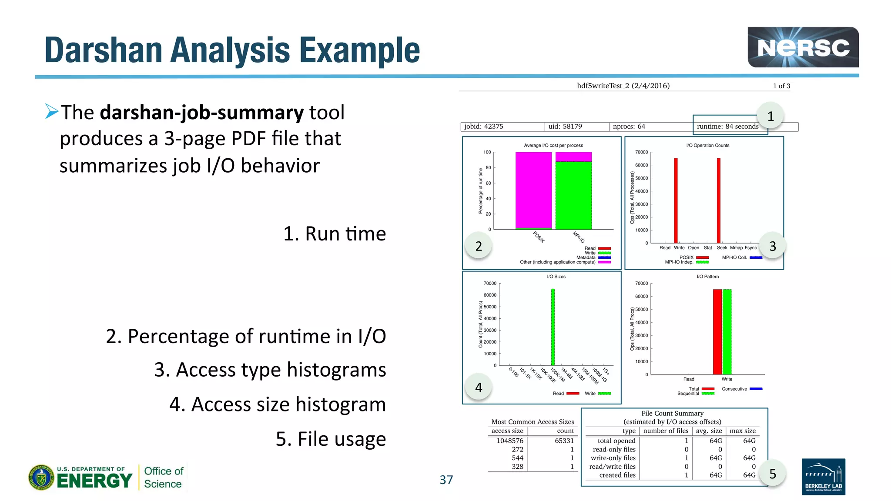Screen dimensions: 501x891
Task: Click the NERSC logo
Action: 803,47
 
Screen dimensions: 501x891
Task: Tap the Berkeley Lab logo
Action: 823,477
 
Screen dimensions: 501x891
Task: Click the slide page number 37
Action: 446,480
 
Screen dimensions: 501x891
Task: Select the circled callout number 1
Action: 770,116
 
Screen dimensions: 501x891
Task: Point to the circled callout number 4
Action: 479,387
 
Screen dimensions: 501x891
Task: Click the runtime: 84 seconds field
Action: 727,127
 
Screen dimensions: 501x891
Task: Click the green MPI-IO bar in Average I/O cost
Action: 573,196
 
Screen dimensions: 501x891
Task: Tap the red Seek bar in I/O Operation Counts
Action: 719,200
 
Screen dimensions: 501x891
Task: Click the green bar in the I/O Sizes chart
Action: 553,326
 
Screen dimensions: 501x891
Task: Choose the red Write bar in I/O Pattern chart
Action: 717,331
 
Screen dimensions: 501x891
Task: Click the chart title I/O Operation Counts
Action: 707,145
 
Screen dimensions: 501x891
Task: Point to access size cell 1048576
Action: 510,441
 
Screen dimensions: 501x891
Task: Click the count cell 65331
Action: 564,441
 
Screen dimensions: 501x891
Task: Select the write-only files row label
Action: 613,458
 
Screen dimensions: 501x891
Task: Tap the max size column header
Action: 743,431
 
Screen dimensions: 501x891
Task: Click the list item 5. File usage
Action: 331,439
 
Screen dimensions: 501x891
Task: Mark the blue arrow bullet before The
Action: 52,112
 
